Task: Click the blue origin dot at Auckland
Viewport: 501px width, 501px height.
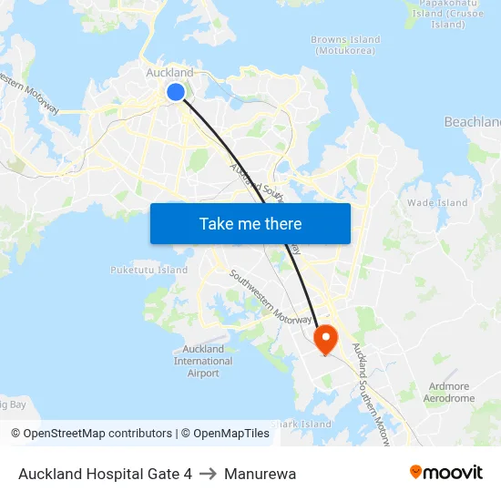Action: tap(176, 92)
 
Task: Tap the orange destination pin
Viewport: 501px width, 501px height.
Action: tap(325, 339)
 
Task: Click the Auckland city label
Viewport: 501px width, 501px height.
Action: tap(169, 73)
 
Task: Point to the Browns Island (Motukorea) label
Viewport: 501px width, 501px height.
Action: tap(345, 45)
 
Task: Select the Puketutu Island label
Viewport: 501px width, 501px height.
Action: tap(148, 270)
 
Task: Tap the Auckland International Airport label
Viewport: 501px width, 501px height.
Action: tap(203, 361)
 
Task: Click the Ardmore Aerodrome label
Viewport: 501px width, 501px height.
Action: tap(449, 393)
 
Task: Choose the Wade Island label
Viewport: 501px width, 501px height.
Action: tap(437, 203)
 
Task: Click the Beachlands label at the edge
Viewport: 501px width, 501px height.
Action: tap(472, 122)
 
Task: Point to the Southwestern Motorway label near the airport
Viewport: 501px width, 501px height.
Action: tap(271, 296)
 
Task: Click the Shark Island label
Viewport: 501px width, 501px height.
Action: tap(302, 424)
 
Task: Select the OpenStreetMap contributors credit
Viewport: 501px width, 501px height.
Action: tap(92, 434)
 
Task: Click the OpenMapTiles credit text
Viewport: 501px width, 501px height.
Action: tap(228, 434)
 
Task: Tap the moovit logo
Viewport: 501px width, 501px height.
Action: tap(446, 472)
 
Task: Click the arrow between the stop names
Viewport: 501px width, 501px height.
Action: tap(209, 474)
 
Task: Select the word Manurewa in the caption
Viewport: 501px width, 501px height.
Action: tap(260, 474)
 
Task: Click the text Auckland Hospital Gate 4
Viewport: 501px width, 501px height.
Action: tap(105, 474)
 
